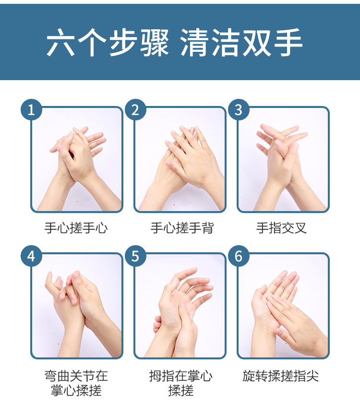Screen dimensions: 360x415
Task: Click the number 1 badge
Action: click(x=31, y=109)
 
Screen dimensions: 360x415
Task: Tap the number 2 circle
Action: click(x=135, y=109)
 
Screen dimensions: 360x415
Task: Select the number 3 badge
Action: click(x=239, y=109)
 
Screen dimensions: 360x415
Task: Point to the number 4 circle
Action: click(x=31, y=256)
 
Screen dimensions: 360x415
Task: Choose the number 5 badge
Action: click(x=135, y=256)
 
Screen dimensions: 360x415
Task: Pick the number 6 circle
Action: click(x=239, y=256)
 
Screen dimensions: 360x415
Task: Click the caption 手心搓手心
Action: click(x=76, y=228)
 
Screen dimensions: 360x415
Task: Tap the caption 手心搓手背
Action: click(x=182, y=228)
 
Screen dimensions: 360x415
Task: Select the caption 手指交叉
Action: click(x=281, y=228)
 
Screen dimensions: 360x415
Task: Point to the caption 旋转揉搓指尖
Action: click(x=281, y=376)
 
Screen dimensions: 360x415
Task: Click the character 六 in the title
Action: click(x=60, y=42)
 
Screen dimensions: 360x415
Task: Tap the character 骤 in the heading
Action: click(x=155, y=42)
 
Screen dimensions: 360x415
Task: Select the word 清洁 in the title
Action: click(x=210, y=42)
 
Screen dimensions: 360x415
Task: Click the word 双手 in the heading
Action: click(x=272, y=42)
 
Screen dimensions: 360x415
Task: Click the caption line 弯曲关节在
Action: click(x=76, y=376)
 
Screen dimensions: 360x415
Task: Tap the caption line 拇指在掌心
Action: click(x=180, y=376)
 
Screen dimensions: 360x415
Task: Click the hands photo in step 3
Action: click(x=283, y=159)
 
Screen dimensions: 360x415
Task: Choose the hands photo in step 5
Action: click(x=180, y=306)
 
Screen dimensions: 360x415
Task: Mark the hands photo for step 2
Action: click(x=180, y=159)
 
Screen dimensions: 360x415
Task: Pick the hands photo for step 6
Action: click(x=283, y=306)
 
